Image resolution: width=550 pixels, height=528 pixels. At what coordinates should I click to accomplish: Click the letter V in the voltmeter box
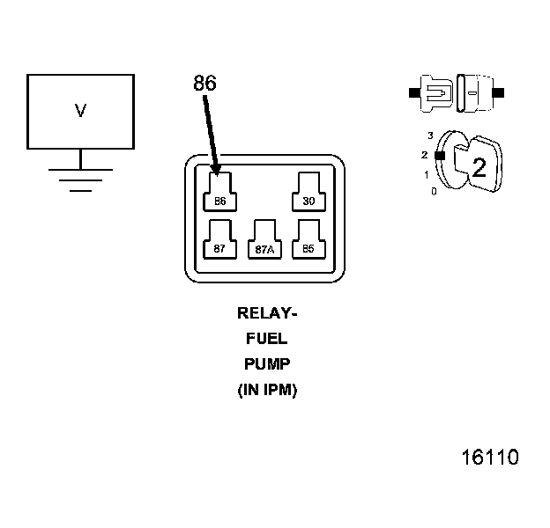click(x=80, y=111)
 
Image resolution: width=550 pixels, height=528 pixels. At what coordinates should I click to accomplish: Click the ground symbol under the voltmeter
click(x=80, y=177)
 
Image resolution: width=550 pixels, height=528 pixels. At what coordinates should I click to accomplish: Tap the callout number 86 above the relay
click(x=204, y=84)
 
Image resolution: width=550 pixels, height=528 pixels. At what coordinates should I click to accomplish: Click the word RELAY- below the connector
click(x=267, y=312)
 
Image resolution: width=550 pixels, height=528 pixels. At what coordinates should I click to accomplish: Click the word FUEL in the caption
click(x=267, y=338)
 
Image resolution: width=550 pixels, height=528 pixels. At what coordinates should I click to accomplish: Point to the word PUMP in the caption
click(x=267, y=363)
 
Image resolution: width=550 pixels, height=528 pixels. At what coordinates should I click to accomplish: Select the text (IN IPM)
click(x=267, y=390)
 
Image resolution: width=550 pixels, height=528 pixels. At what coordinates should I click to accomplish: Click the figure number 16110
click(x=489, y=458)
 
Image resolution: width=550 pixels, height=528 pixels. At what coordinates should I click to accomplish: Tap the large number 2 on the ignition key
click(x=479, y=167)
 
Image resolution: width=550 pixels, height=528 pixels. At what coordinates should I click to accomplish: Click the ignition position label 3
click(x=430, y=136)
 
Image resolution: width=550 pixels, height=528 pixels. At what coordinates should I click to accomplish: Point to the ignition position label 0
click(x=433, y=191)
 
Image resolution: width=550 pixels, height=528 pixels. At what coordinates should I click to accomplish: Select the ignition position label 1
click(x=427, y=174)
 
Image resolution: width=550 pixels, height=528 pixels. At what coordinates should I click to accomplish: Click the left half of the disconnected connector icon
click(x=435, y=92)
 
